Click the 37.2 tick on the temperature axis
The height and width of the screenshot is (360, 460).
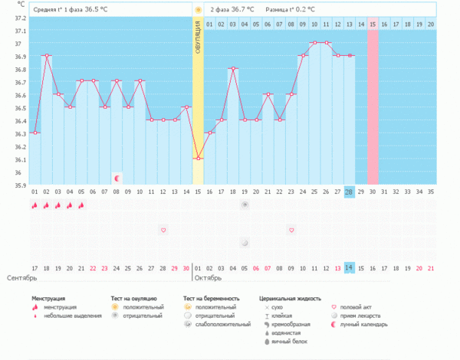[x=15, y=30]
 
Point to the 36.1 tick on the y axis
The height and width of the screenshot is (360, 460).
[x=15, y=159]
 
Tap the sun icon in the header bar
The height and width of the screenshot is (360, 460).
[x=198, y=10]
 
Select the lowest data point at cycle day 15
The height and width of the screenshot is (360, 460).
[x=198, y=159]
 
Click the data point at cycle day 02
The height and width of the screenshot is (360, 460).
[x=47, y=55]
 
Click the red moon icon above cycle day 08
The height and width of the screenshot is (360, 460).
[x=117, y=178]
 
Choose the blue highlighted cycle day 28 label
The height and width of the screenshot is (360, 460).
[x=350, y=191]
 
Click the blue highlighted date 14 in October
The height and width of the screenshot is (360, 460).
[x=350, y=267]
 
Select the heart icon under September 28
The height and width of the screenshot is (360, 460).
[x=163, y=230]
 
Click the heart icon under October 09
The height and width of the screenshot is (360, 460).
[x=291, y=230]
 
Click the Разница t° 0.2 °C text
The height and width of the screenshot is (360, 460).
[x=294, y=10]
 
